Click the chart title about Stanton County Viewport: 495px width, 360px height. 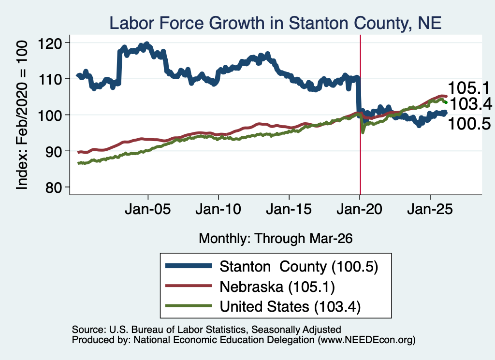pyautogui.click(x=275, y=23)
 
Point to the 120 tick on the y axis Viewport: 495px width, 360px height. pyautogui.click(x=50, y=43)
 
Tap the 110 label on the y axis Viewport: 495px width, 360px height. pyautogui.click(x=50, y=79)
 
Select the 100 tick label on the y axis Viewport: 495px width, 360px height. pyautogui.click(x=50, y=115)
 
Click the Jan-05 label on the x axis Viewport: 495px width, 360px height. pyautogui.click(x=148, y=209)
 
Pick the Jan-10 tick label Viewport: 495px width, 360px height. pyautogui.click(x=218, y=209)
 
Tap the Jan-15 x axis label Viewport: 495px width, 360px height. pyautogui.click(x=289, y=209)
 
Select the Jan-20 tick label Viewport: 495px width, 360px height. pyautogui.click(x=360, y=209)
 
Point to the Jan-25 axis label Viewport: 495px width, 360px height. pyautogui.click(x=430, y=209)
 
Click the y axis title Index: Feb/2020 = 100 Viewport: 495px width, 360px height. pyautogui.click(x=22, y=115)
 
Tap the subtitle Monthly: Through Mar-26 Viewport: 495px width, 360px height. pyautogui.click(x=276, y=239)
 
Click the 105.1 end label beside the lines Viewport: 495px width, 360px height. pyautogui.click(x=469, y=88)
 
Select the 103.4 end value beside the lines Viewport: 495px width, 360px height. pyautogui.click(x=471, y=104)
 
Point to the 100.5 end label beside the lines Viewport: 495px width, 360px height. pyautogui.click(x=469, y=124)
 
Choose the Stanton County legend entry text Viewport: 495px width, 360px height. pyautogui.click(x=299, y=267)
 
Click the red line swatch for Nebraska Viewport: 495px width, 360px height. pyautogui.click(x=189, y=286)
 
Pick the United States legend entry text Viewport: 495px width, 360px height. pyautogui.click(x=290, y=307)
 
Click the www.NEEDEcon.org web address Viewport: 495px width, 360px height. pyautogui.click(x=366, y=340)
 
